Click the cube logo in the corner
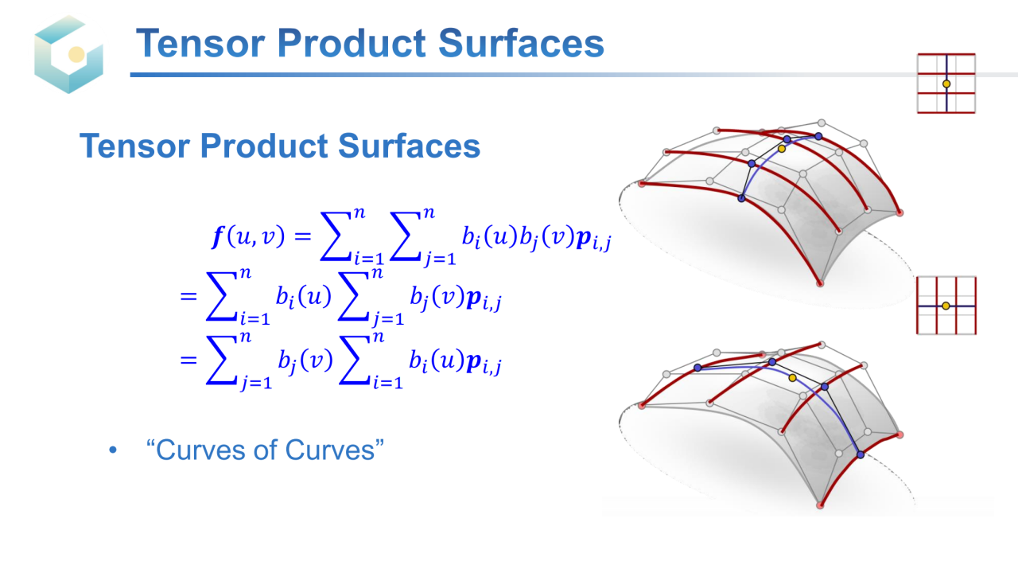click(68, 53)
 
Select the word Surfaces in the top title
click(521, 43)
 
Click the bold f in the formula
click(218, 236)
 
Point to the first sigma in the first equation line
click(336, 236)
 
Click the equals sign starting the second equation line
click(188, 297)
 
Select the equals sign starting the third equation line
click(188, 360)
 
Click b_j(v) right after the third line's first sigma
click(305, 362)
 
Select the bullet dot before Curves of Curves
click(113, 450)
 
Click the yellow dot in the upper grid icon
click(946, 84)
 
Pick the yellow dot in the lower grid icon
click(946, 306)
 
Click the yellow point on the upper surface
click(782, 149)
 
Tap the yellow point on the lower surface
click(793, 378)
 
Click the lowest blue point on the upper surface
click(741, 198)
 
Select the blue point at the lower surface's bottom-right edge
click(861, 454)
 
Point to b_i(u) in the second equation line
click(304, 298)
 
